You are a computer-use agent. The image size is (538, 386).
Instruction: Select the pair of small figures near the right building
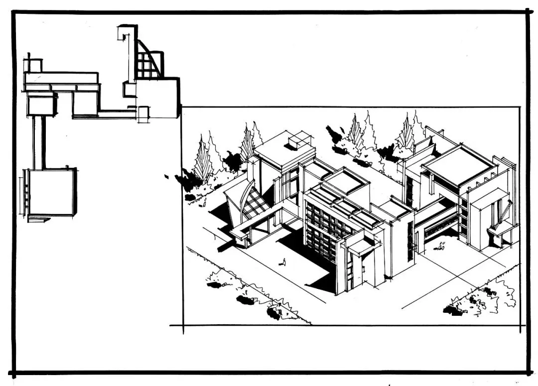[x=441, y=246]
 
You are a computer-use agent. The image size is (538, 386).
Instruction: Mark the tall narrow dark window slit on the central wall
[x=410, y=242]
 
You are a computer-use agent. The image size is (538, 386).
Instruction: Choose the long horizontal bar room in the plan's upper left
[x=61, y=79]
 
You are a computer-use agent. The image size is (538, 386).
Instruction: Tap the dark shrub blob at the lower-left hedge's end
[x=275, y=313]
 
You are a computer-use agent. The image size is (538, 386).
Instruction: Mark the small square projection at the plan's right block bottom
[x=143, y=114]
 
